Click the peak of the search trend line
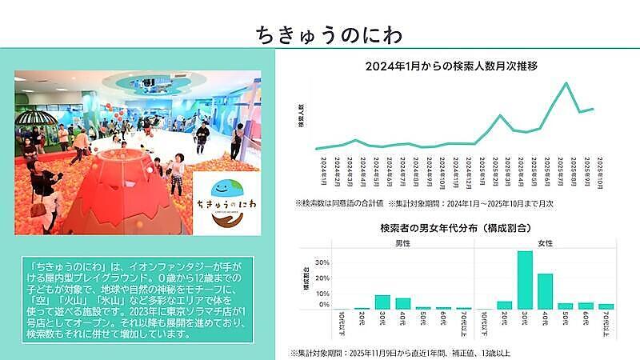tap(566, 82)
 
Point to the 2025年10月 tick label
tap(591, 170)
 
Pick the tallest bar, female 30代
tap(525, 280)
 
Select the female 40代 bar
tap(545, 291)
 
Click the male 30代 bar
tap(383, 302)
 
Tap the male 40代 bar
tap(403, 304)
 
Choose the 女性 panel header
tap(546, 243)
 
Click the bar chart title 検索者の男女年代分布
tap(457, 229)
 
